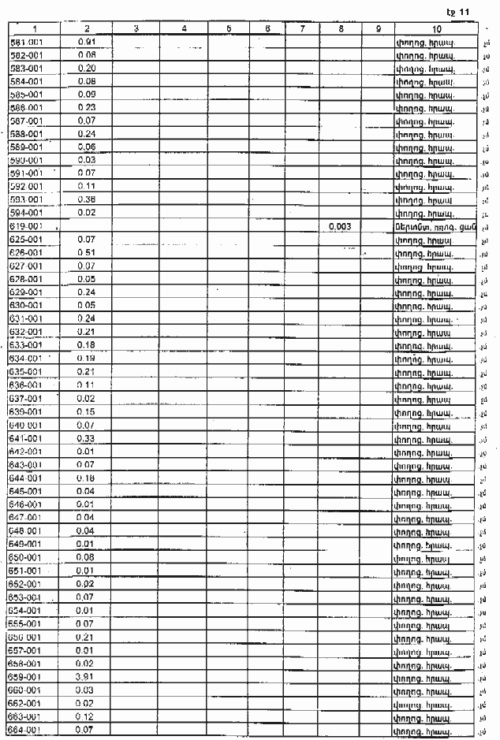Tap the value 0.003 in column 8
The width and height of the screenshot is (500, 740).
339,226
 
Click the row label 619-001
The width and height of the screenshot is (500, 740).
25,226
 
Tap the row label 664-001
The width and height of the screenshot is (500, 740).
25,730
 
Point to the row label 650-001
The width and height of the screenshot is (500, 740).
25,557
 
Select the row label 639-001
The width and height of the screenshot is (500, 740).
25,411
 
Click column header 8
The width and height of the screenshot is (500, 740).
340,28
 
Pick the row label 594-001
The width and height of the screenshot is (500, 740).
25,213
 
